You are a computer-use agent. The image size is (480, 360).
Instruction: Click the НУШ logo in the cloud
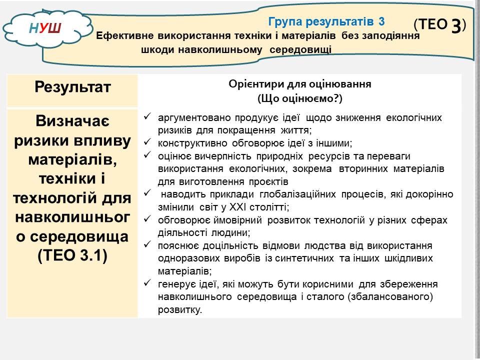[x=45, y=28]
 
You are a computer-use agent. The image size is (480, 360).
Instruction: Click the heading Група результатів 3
[x=326, y=21]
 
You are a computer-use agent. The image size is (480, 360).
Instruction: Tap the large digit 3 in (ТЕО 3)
[x=456, y=25]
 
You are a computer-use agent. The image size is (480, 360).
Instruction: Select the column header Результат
[x=72, y=87]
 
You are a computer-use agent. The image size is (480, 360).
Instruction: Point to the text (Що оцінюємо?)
[x=299, y=98]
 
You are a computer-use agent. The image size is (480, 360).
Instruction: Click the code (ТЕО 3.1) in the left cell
[x=72, y=255]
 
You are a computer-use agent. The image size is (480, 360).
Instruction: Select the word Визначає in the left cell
[x=72, y=121]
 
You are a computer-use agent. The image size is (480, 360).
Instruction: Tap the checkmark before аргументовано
[x=147, y=116]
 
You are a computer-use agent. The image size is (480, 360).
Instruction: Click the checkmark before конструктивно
[x=147, y=141]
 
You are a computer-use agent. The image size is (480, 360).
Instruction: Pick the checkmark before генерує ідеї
[x=147, y=282]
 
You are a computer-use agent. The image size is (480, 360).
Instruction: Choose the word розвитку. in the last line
[x=180, y=310]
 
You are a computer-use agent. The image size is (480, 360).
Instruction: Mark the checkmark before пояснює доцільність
[x=147, y=244]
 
